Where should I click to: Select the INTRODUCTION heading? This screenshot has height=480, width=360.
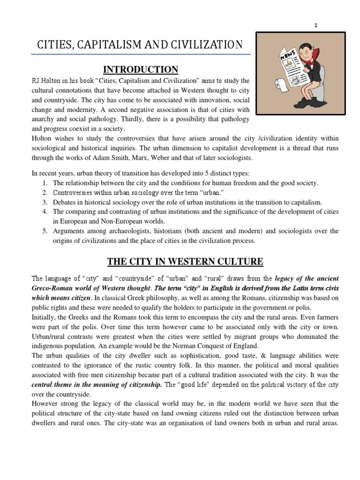point(140,70)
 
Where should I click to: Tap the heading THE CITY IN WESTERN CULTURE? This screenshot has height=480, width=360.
point(185,261)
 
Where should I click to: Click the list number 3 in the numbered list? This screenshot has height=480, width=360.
point(45,202)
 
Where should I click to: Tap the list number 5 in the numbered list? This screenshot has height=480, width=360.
point(45,231)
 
